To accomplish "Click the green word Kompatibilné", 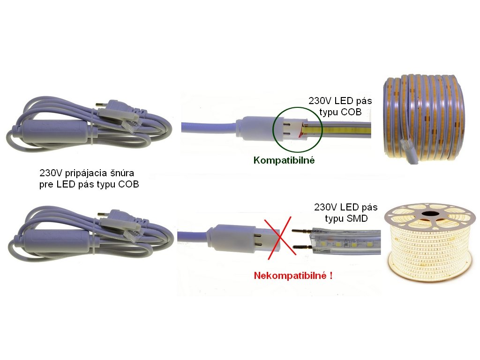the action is (284, 160).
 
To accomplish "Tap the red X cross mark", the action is (279, 237).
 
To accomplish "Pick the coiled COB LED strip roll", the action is (424, 118).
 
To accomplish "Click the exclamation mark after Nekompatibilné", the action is (331, 275).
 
